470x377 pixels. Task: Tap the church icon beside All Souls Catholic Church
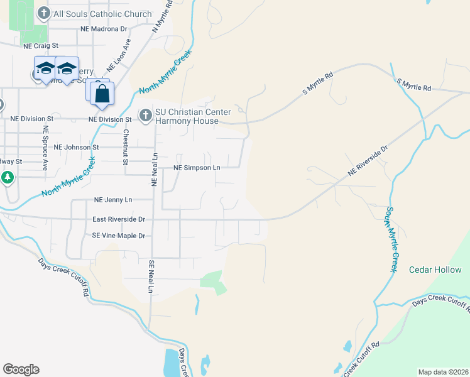tap(44, 13)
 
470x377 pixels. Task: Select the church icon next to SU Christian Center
tap(145, 114)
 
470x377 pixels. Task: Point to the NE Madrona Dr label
tap(104, 29)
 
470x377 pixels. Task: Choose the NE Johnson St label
tap(77, 147)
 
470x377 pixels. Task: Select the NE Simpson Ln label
tap(197, 168)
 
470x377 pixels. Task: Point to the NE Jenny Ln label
tap(113, 200)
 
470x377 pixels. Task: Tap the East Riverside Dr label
tap(119, 219)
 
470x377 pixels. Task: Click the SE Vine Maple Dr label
tap(119, 236)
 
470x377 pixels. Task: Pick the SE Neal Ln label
tap(151, 276)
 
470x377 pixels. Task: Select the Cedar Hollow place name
tap(435, 270)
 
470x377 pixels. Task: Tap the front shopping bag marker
tap(102, 95)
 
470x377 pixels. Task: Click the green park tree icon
tap(8, 178)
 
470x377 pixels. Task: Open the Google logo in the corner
tap(21, 369)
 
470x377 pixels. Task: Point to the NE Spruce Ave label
tap(45, 148)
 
